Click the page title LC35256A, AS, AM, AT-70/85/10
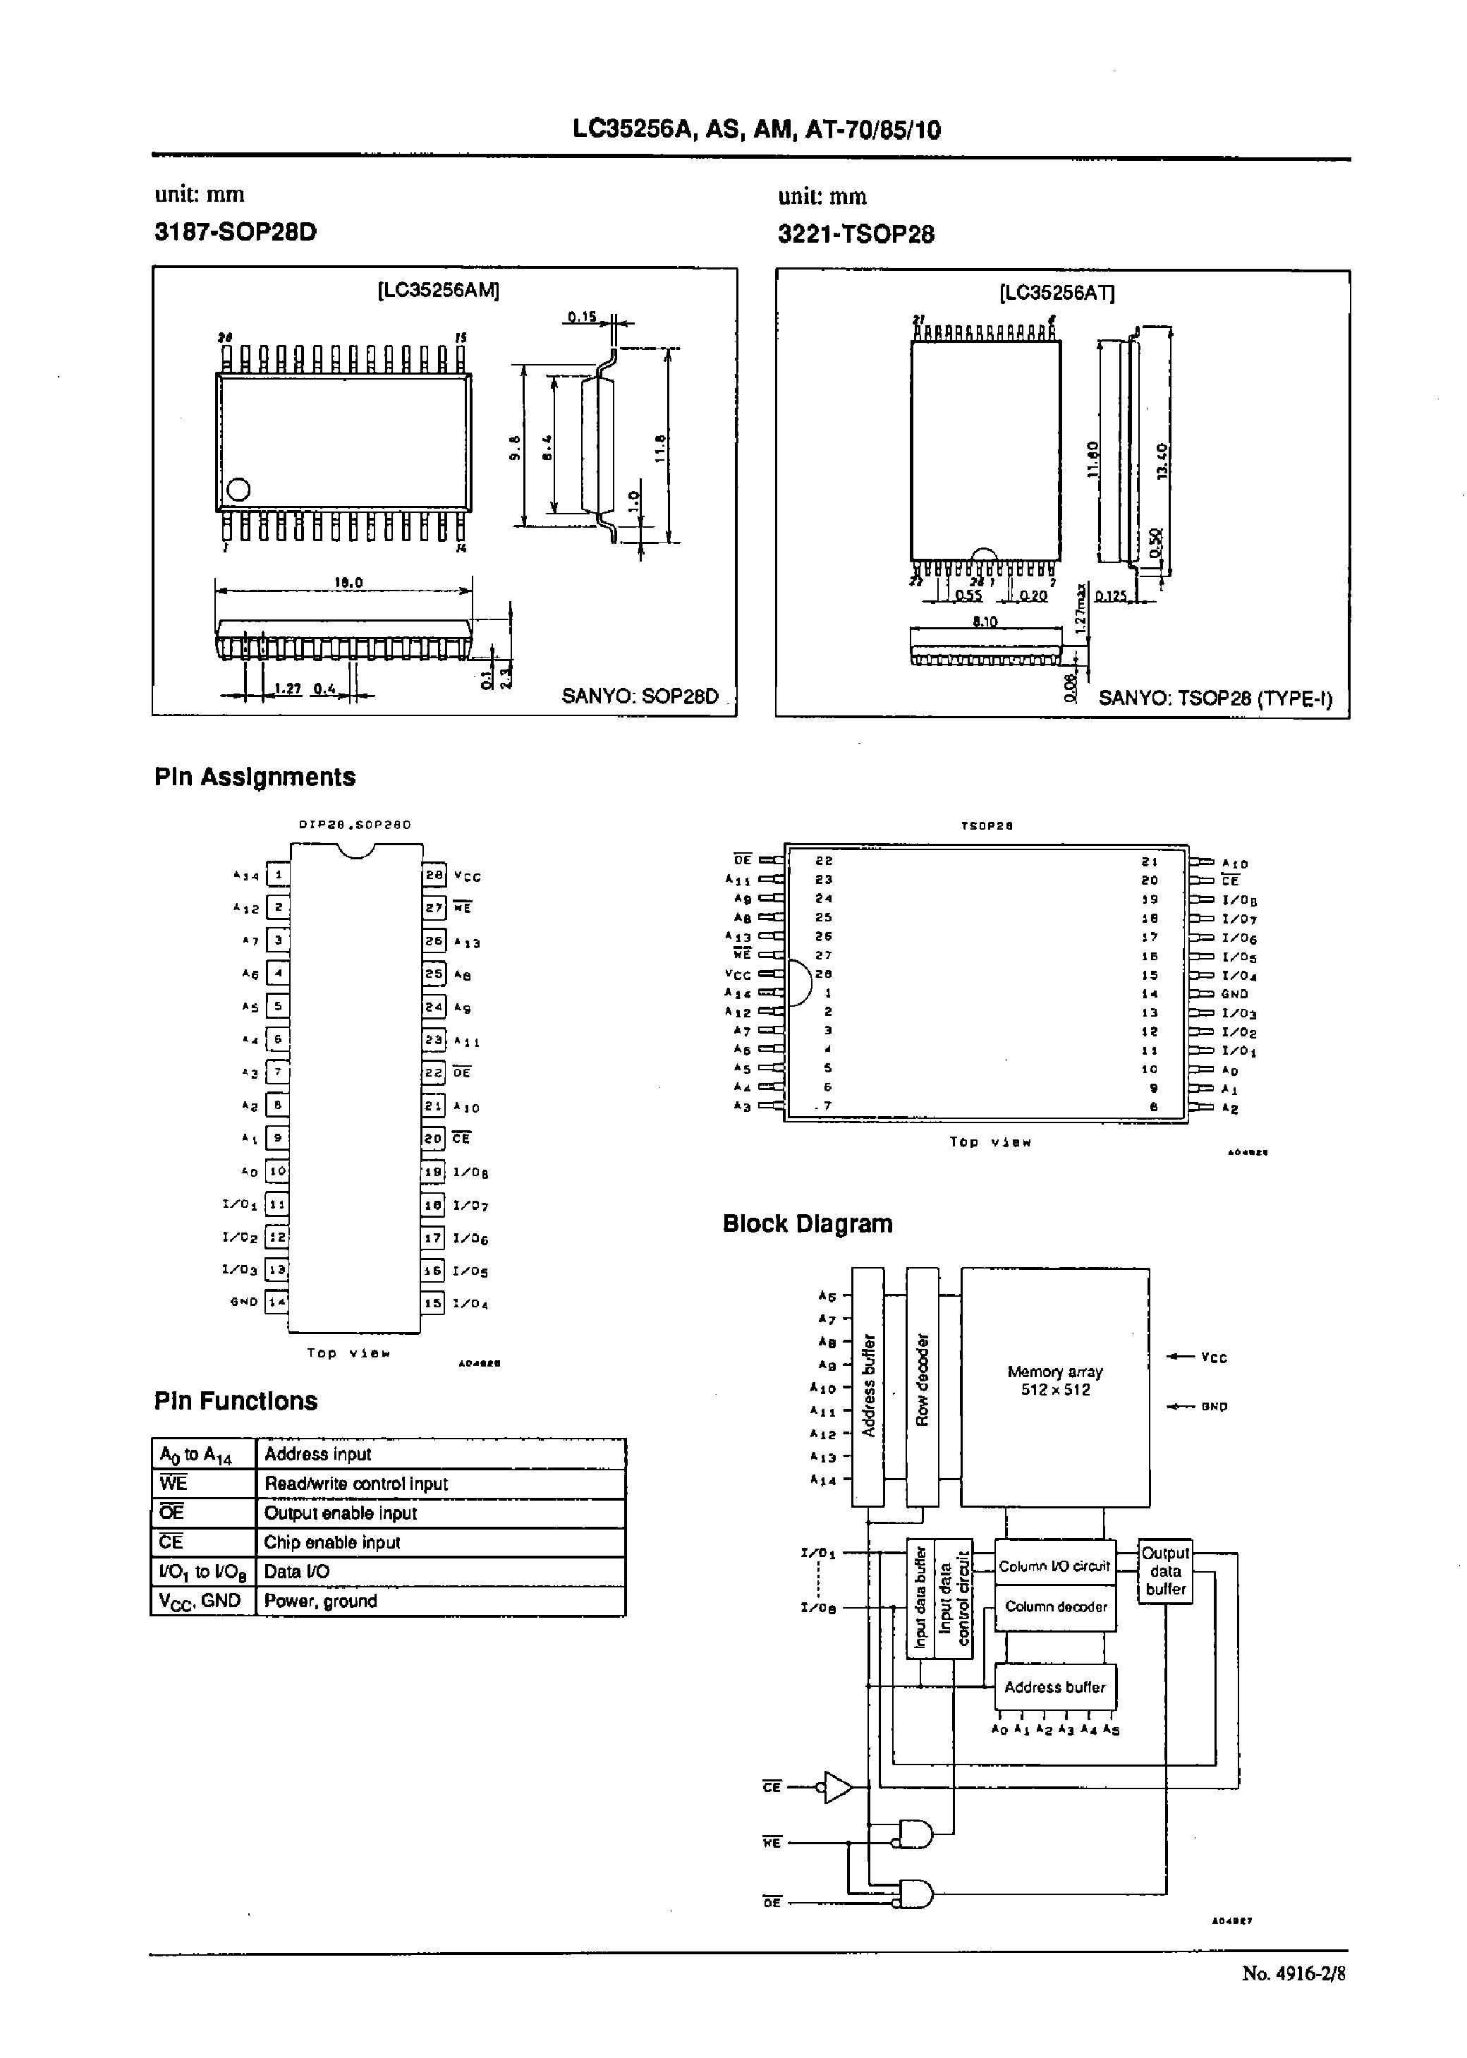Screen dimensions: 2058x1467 [756, 130]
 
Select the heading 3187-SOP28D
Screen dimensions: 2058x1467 [236, 232]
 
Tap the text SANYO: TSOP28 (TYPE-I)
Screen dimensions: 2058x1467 [1214, 698]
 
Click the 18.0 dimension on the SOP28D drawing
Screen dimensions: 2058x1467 [348, 583]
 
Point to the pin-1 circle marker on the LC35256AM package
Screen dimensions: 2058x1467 [238, 489]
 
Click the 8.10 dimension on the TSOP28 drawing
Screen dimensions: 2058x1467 [985, 622]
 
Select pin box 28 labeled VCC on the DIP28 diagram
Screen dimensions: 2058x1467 [434, 875]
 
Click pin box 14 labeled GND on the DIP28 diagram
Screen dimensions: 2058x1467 [276, 1302]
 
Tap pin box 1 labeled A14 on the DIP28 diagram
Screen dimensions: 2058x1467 [278, 875]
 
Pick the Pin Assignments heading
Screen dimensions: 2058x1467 [255, 777]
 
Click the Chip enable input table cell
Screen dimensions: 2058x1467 [440, 1542]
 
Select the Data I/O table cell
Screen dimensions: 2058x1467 [440, 1571]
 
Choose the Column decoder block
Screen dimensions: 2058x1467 [1055, 1606]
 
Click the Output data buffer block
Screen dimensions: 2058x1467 [1164, 1571]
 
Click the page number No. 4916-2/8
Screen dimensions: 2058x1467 [1293, 1973]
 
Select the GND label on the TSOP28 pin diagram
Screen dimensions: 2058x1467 [1234, 994]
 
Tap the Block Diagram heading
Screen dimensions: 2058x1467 [807, 1223]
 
